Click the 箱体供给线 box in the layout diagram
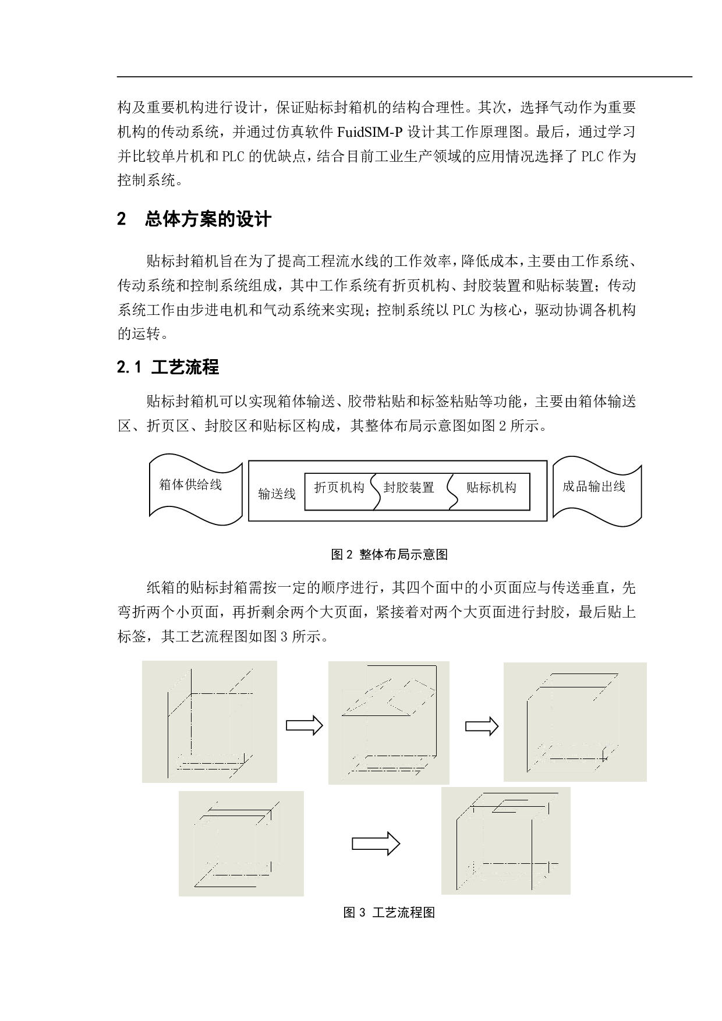[196, 490]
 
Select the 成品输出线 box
[597, 491]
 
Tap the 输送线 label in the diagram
[277, 494]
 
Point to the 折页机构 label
[339, 487]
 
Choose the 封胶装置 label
[409, 487]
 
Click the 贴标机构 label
[491, 487]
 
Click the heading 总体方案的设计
[208, 219]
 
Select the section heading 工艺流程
[185, 367]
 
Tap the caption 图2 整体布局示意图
[389, 554]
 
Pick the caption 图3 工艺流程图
[389, 912]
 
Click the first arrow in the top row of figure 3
[304, 725]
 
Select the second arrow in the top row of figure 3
[482, 726]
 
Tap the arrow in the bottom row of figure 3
[376, 843]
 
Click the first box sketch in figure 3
[210, 721]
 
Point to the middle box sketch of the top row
[389, 722]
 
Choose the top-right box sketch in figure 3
[575, 722]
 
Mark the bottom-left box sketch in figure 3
[241, 843]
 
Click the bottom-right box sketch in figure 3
[506, 841]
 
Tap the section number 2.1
[130, 368]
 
